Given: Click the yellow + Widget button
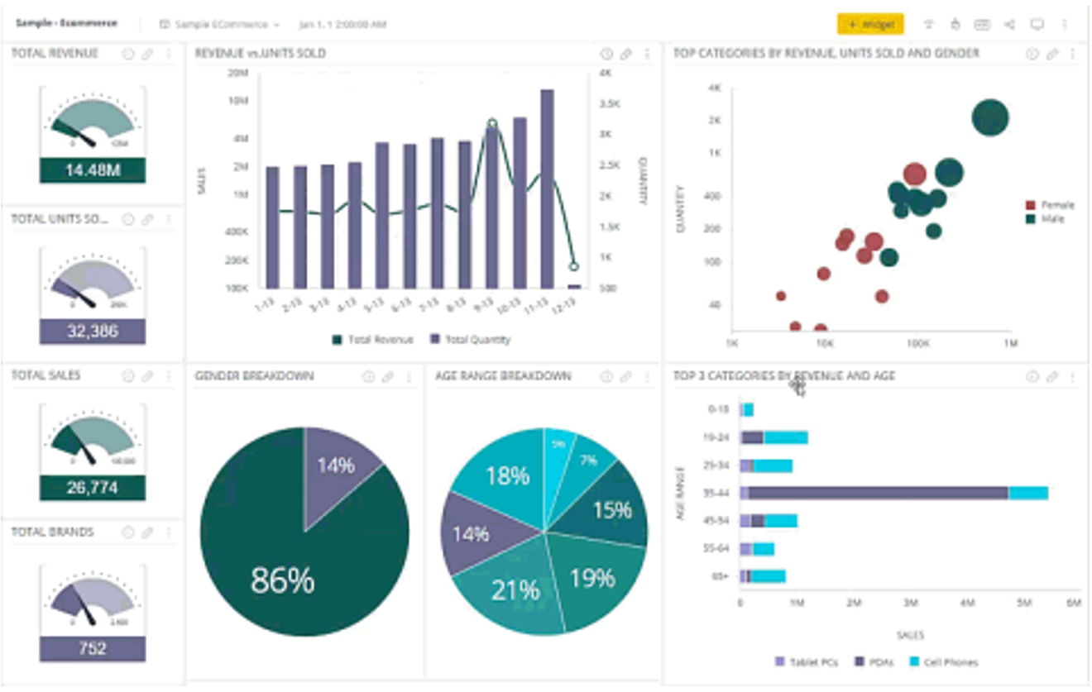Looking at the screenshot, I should pyautogui.click(x=869, y=24).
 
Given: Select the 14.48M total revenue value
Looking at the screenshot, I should pyautogui.click(x=93, y=171).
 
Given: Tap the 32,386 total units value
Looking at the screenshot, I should pyautogui.click(x=93, y=332).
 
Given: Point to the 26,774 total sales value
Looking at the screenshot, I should pyautogui.click(x=93, y=488).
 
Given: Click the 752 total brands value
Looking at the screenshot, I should pyautogui.click(x=93, y=648).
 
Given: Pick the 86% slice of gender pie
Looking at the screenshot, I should pyautogui.click(x=281, y=570).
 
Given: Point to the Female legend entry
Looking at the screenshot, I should pyautogui.click(x=1056, y=205).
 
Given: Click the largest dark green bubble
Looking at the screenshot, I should pyautogui.click(x=990, y=117).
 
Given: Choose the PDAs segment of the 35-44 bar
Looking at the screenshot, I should pyautogui.click(x=878, y=493).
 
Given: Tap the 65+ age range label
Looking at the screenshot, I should pyautogui.click(x=719, y=576).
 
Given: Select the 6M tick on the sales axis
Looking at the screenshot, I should pyautogui.click(x=1074, y=604).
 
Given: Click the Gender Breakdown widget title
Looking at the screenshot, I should pyautogui.click(x=255, y=376).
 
